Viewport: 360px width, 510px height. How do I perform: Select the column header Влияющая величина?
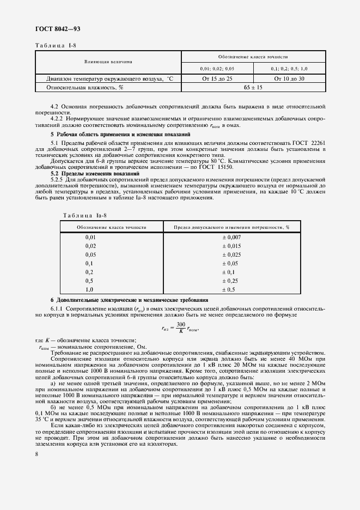(x=108, y=62)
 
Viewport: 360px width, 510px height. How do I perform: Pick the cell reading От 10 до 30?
(x=289, y=79)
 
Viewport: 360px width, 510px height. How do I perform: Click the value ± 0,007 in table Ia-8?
(x=231, y=238)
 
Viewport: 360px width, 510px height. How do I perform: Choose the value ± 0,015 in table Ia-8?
(x=231, y=246)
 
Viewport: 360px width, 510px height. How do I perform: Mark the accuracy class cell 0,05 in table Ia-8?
(x=90, y=254)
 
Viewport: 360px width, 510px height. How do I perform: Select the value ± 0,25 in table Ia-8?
(x=231, y=281)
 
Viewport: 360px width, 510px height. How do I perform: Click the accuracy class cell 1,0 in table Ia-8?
(x=89, y=289)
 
